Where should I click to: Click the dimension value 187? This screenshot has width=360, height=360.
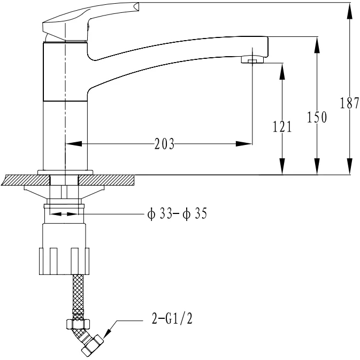pyautogui.click(x=349, y=103)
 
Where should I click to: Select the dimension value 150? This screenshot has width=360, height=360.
pyautogui.click(x=317, y=117)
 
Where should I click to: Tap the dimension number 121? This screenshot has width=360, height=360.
pyautogui.click(x=282, y=126)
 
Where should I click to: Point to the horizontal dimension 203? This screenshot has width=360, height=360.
pyautogui.click(x=164, y=144)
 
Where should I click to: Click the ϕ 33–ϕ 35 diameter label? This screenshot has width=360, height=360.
pyautogui.click(x=177, y=213)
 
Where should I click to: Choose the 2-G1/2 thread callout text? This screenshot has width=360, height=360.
pyautogui.click(x=172, y=318)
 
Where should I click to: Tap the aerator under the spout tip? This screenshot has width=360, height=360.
pyautogui.click(x=252, y=60)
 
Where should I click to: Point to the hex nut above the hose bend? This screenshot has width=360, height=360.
pyautogui.click(x=78, y=324)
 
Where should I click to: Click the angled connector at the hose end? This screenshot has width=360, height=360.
pyautogui.click(x=93, y=344)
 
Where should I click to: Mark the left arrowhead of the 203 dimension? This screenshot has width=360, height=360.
pyautogui.click(x=73, y=144)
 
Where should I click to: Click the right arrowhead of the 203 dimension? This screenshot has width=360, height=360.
pyautogui.click(x=244, y=144)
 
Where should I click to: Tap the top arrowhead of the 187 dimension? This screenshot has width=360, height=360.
pyautogui.click(x=349, y=11)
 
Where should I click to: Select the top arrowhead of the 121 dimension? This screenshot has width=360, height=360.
pyautogui.click(x=282, y=71)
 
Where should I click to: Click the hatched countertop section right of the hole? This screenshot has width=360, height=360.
pyautogui.click(x=106, y=180)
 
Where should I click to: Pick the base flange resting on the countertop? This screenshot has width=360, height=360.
pyautogui.click(x=65, y=172)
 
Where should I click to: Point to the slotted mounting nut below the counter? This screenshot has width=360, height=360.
pyautogui.click(x=64, y=261)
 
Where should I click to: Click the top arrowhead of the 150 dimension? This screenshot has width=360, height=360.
pyautogui.click(x=317, y=45)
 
